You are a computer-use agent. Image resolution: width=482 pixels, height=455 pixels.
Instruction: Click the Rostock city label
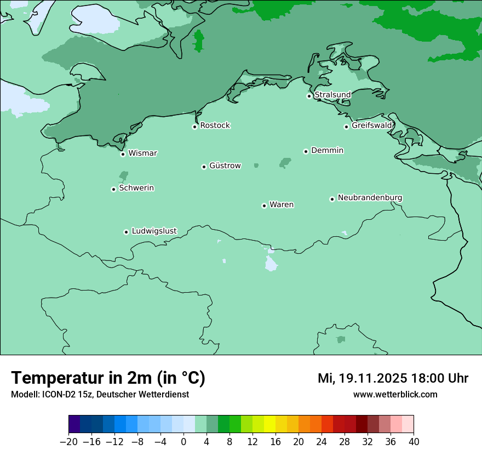(x=215, y=126)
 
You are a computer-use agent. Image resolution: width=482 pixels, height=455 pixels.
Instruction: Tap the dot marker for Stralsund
(x=309, y=96)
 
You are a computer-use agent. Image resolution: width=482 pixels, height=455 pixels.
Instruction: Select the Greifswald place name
(x=372, y=126)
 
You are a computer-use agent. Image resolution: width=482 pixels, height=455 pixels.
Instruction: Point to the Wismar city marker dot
(x=123, y=154)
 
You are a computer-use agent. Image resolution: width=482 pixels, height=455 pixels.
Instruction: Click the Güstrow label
(x=225, y=166)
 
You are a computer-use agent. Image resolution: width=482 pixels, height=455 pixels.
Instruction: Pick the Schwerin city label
(x=136, y=188)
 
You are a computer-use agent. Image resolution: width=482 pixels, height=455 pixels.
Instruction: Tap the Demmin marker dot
(x=306, y=151)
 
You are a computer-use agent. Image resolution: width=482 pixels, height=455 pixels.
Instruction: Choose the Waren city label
(x=282, y=205)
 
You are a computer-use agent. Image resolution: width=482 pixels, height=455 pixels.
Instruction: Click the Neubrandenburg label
(x=370, y=198)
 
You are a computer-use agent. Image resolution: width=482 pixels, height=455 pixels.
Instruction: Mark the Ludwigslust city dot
(x=126, y=232)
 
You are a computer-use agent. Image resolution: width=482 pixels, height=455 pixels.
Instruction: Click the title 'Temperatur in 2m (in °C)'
(x=108, y=378)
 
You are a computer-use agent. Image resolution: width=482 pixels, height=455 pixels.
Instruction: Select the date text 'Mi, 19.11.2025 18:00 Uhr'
(x=393, y=378)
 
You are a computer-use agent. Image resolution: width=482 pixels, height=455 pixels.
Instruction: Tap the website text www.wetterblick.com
(x=395, y=394)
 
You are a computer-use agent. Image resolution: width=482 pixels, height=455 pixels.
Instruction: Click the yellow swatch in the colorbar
(x=269, y=424)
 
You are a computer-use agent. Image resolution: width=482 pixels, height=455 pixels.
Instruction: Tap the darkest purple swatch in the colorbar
(x=74, y=424)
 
